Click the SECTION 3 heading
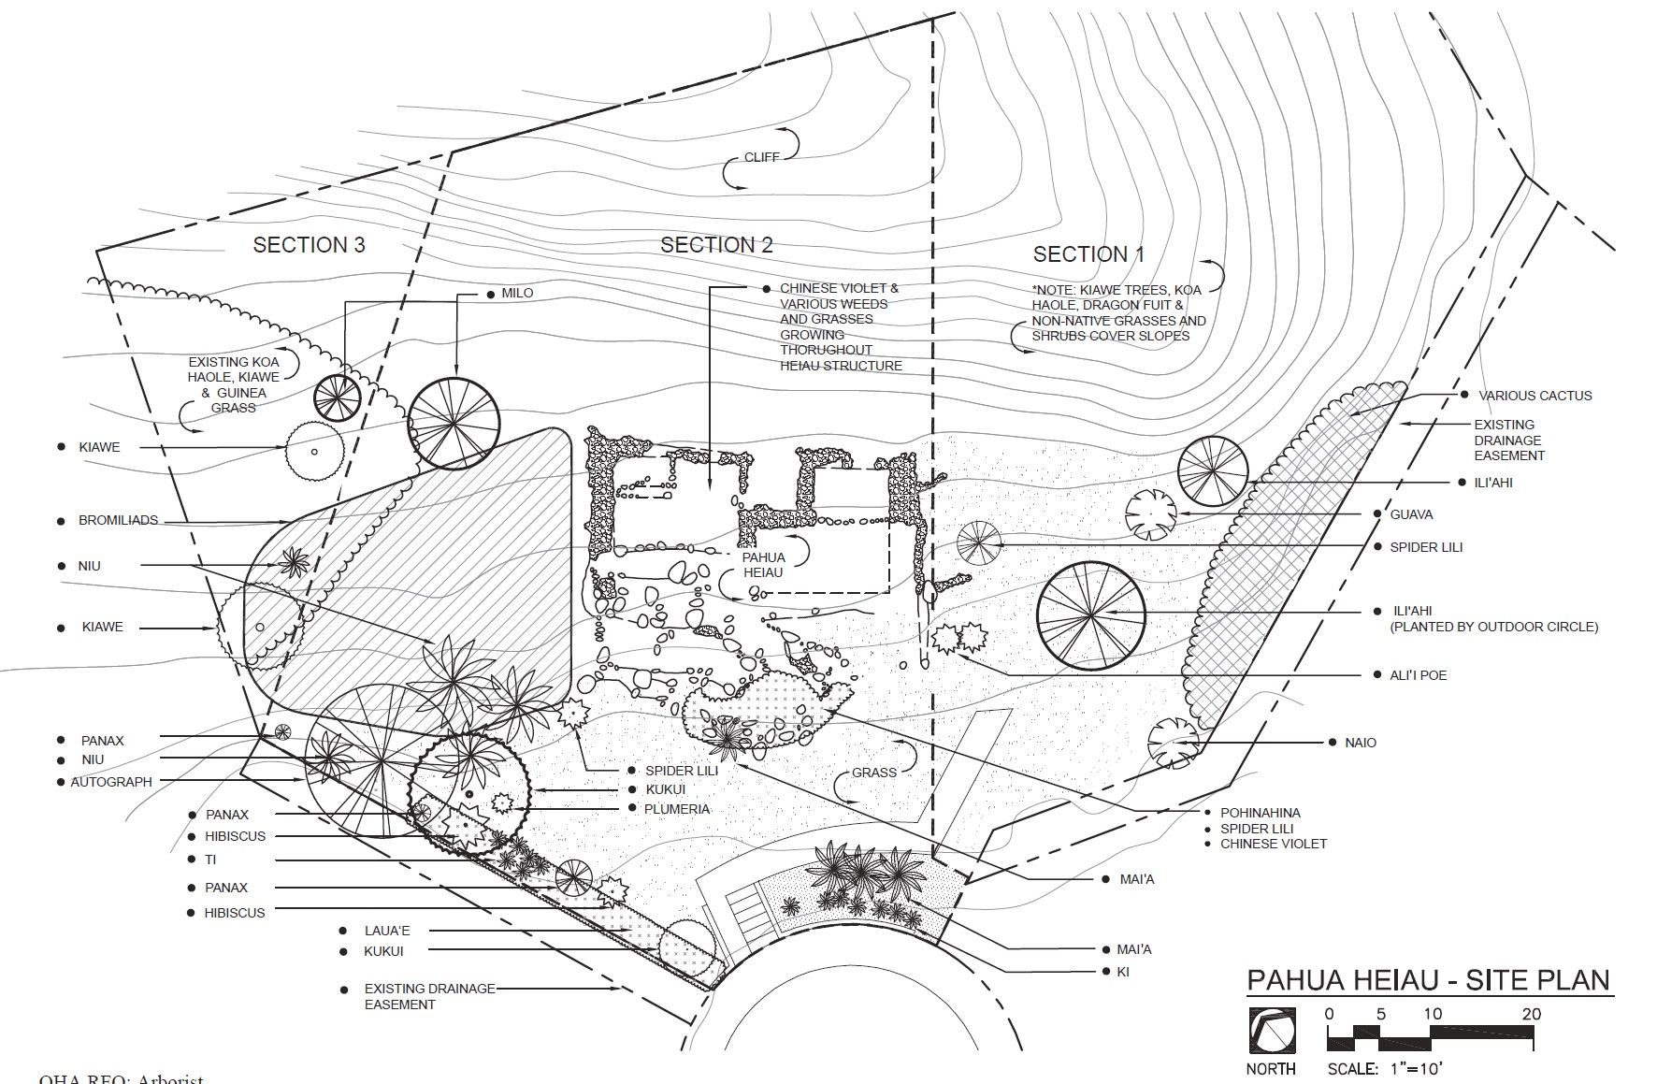pos(309,245)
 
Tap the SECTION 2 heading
pos(716,245)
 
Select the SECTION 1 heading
pos(1088,254)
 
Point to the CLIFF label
pos(761,157)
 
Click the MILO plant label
pos(517,294)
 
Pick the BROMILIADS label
pos(119,521)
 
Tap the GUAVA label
pos(1411,514)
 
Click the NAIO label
pos(1361,743)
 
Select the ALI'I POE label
pos(1418,675)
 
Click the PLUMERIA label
pos(677,809)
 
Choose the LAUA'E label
pos(387,932)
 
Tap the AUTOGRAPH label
pos(111,782)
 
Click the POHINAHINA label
pos(1260,813)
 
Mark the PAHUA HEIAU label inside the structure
pos(763,565)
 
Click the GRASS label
pos(874,773)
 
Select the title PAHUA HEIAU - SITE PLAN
pos(1430,980)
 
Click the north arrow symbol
pos(1272,1031)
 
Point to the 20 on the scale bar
pos(1531,1014)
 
